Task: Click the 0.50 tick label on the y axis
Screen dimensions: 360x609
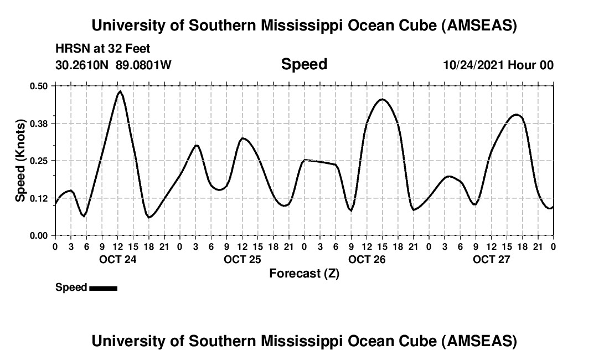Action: coord(39,86)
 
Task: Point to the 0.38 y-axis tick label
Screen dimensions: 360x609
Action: coord(39,123)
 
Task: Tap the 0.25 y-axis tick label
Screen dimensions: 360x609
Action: coord(39,161)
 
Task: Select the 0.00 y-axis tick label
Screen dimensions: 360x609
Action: coord(39,235)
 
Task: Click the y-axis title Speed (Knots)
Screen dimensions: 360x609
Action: coord(20,161)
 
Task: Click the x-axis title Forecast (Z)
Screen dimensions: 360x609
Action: coord(304,274)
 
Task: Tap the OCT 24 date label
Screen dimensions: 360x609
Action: coord(117,259)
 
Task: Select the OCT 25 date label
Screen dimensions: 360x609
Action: coord(242,259)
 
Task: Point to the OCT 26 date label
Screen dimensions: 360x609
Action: coord(367,259)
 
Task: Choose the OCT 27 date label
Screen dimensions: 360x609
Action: coord(491,259)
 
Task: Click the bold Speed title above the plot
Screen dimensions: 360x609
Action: coord(304,64)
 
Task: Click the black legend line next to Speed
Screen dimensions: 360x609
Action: coord(103,288)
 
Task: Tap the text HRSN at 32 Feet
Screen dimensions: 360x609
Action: coord(103,49)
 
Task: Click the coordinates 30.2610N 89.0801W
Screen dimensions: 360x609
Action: coord(113,65)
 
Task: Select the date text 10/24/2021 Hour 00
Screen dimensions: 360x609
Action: coord(498,65)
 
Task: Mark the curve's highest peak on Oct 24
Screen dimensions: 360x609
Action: coord(120,91)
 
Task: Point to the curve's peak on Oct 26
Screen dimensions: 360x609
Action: coord(381,99)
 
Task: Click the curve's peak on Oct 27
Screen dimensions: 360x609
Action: coord(516,115)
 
